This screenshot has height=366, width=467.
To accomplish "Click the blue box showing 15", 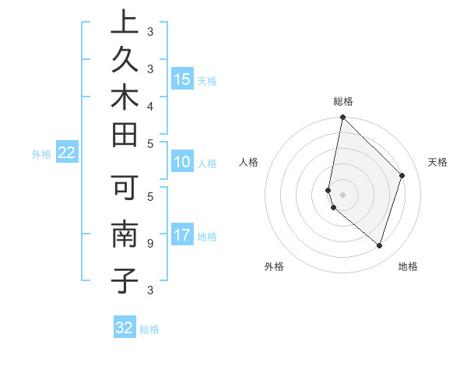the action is coord(182,79).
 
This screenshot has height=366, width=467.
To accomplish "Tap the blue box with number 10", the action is coord(182,163).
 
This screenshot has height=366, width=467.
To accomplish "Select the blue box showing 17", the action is coord(182,235).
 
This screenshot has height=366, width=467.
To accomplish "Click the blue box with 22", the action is coord(67,153).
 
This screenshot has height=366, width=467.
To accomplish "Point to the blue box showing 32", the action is coord(125,328).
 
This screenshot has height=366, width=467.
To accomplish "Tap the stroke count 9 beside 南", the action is coord(150,243).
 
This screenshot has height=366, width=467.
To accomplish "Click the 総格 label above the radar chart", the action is coord(343,101).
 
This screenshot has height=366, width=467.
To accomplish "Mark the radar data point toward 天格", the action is coord(402,175).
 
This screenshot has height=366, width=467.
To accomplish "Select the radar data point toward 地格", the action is coord(379,245).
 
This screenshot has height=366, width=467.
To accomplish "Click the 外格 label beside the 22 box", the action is coord(41,154).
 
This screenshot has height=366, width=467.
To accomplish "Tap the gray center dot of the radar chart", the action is coord(343,194).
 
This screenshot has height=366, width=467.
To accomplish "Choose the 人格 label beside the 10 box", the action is coord(207,164).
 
